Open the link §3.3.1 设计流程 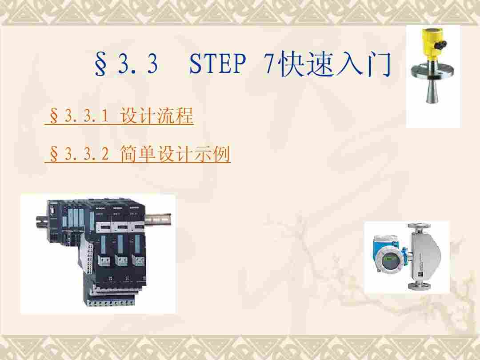(x=119, y=116)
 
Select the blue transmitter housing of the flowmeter (x=388, y=255)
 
